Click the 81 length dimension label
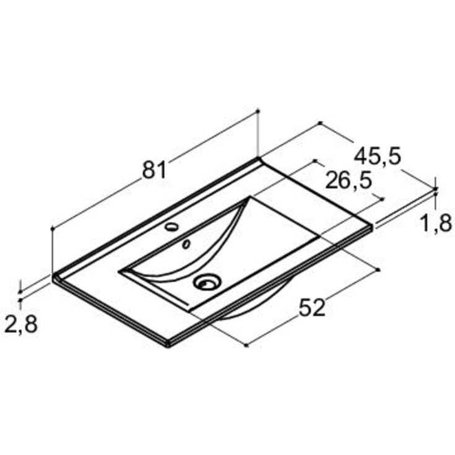(154, 170)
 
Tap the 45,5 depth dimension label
(377, 157)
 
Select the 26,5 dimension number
(348, 181)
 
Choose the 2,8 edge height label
(21, 324)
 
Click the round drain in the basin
(207, 282)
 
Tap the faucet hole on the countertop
(171, 227)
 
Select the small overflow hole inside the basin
(186, 244)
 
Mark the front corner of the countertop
(168, 345)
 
